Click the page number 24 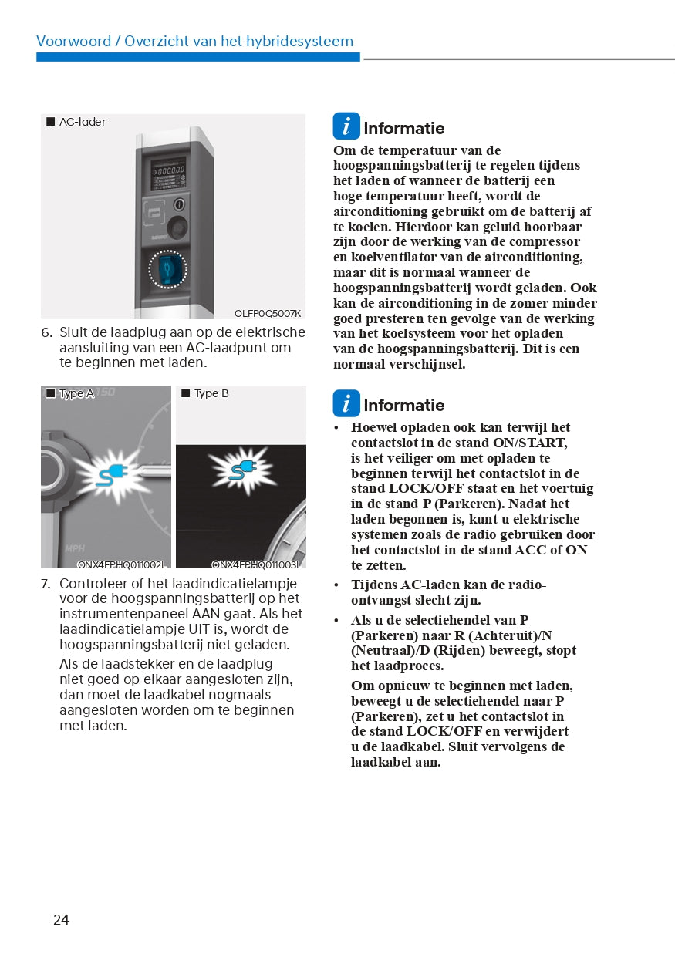61,919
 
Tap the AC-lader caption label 82,122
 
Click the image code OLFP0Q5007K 268,313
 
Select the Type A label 76,393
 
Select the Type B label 211,393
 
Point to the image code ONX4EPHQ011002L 121,564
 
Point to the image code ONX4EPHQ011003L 256,564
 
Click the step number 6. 46,332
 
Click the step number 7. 46,584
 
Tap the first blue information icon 346,126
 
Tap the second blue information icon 346,403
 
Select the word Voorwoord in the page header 74,42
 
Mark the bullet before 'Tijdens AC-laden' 336,585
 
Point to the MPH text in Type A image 75,548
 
